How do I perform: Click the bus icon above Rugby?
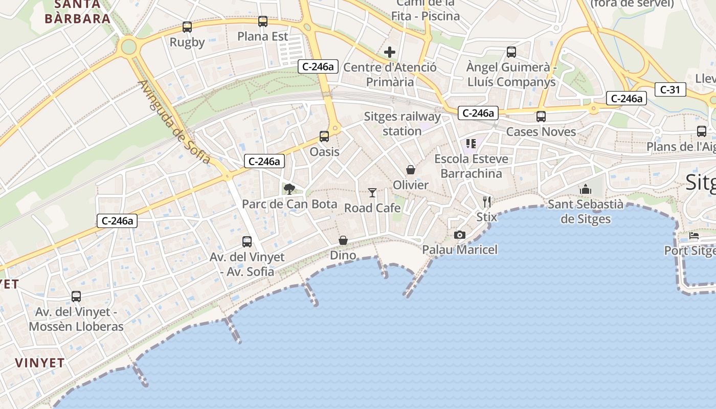(187, 27)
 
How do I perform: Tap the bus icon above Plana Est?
(263, 21)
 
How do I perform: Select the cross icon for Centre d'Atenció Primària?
(390, 52)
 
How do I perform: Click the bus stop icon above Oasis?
(324, 137)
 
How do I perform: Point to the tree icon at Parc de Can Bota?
(289, 189)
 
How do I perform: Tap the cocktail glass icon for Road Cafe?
(372, 193)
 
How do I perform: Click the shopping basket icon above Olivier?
(411, 170)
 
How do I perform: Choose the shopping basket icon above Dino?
(343, 240)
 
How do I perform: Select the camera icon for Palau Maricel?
(460, 235)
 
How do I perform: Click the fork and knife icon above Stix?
(487, 202)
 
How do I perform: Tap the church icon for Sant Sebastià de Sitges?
(586, 190)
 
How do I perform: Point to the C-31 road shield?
(670, 89)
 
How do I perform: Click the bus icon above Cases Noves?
(541, 117)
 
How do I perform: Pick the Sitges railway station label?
(402, 124)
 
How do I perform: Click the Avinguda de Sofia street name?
(174, 123)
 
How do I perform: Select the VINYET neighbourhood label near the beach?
(40, 363)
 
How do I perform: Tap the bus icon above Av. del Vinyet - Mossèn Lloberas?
(76, 297)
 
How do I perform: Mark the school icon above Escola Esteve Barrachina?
(471, 144)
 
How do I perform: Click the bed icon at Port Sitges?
(694, 236)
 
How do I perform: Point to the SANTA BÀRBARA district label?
(78, 12)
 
